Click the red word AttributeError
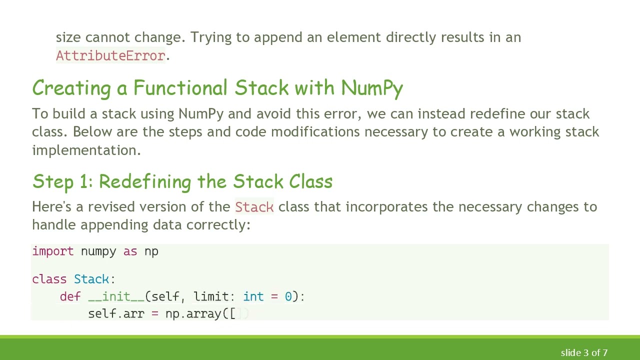(110, 55)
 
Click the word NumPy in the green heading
(372, 88)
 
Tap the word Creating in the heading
(71, 88)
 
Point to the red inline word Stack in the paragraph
(254, 207)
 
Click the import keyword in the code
(52, 251)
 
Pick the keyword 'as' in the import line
(130, 251)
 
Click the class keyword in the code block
(49, 279)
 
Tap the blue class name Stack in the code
(91, 279)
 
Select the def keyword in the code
(70, 296)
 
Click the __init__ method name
(116, 296)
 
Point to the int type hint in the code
(253, 296)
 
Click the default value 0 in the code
(288, 296)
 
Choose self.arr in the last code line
(116, 313)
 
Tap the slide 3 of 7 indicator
(584, 352)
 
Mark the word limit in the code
(211, 296)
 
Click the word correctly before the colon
(216, 225)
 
